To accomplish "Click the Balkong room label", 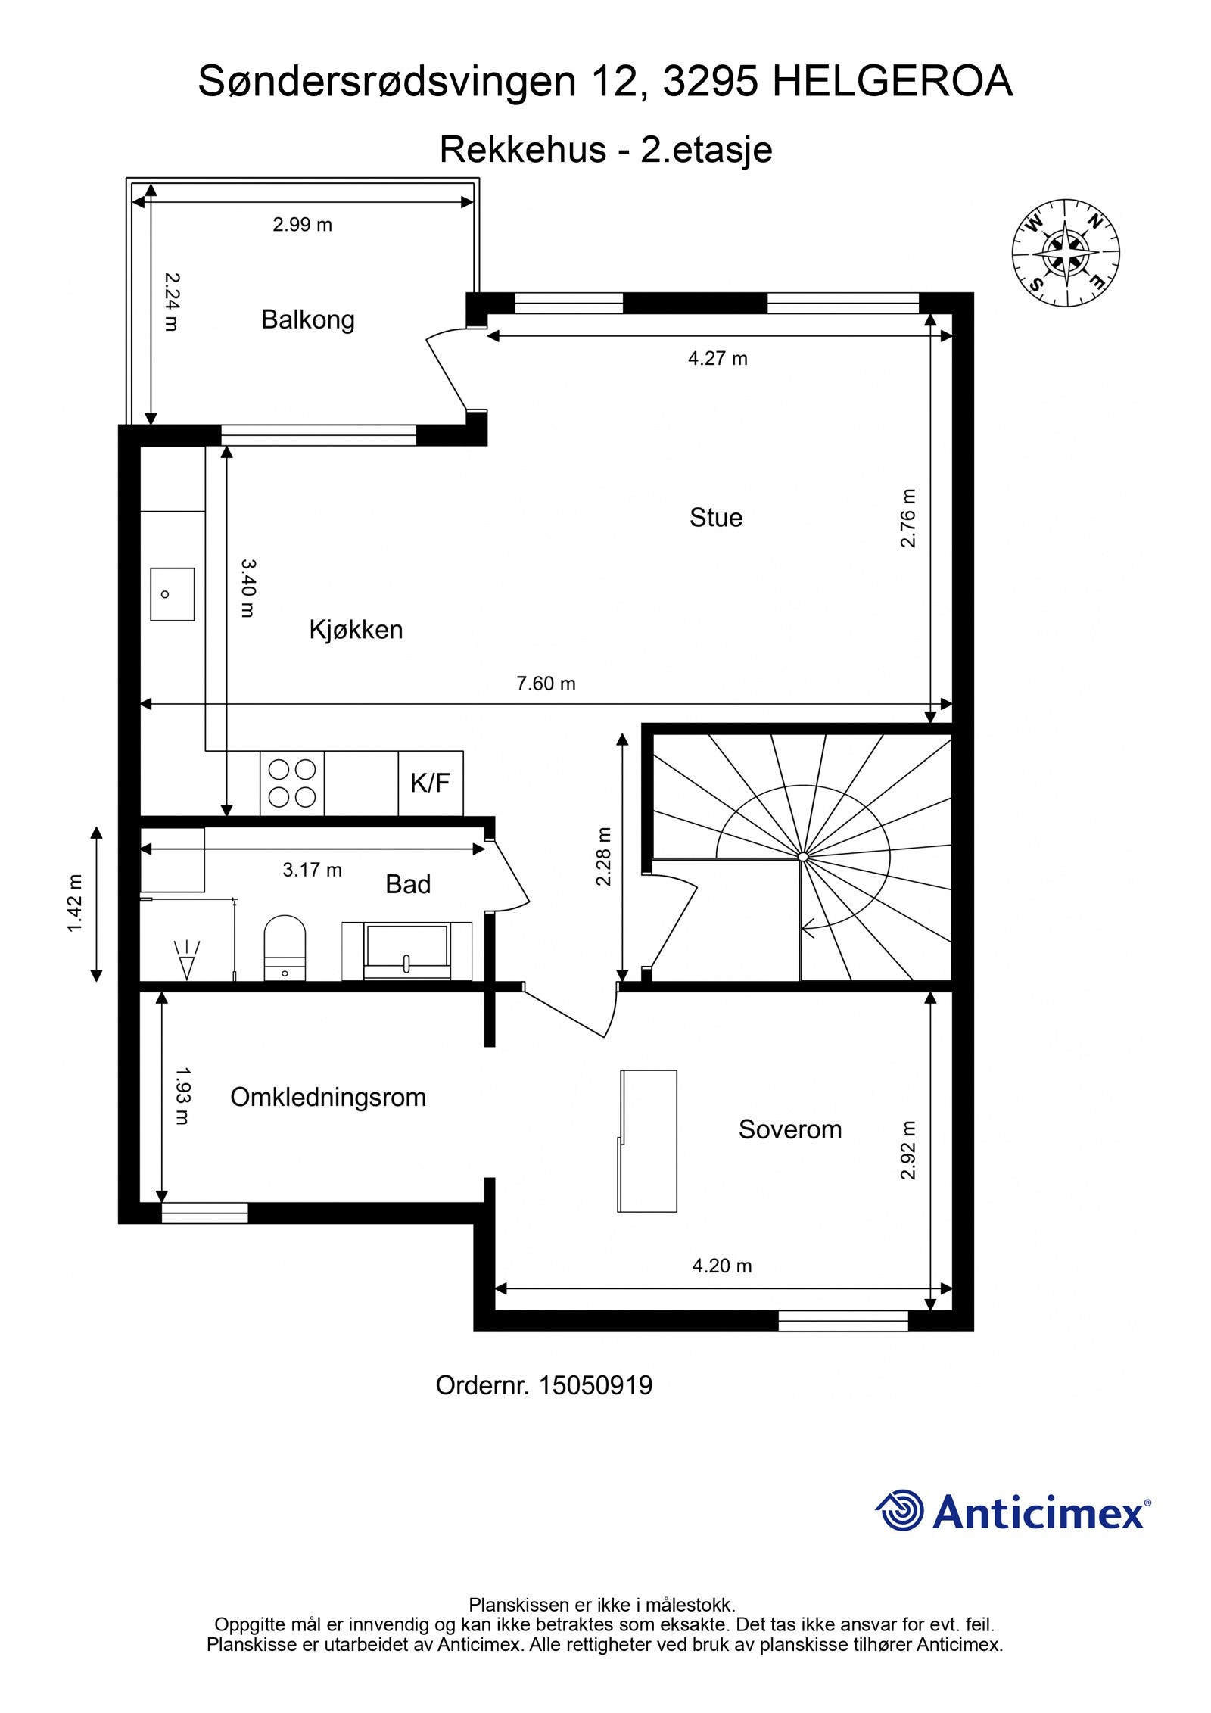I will (307, 320).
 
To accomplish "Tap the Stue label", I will (715, 518).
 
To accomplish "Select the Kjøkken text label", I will (356, 630).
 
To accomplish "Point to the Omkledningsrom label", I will (328, 1097).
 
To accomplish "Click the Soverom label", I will (789, 1129).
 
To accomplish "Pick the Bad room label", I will (408, 884).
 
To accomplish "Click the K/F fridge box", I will (430, 783).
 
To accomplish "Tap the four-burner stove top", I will (292, 783).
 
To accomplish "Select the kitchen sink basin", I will (172, 594).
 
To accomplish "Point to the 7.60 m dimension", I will (546, 684).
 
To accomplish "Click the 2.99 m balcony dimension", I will (302, 225).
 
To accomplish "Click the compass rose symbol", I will (1066, 254).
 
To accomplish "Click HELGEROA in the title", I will (892, 82).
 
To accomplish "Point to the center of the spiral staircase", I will (802, 857).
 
